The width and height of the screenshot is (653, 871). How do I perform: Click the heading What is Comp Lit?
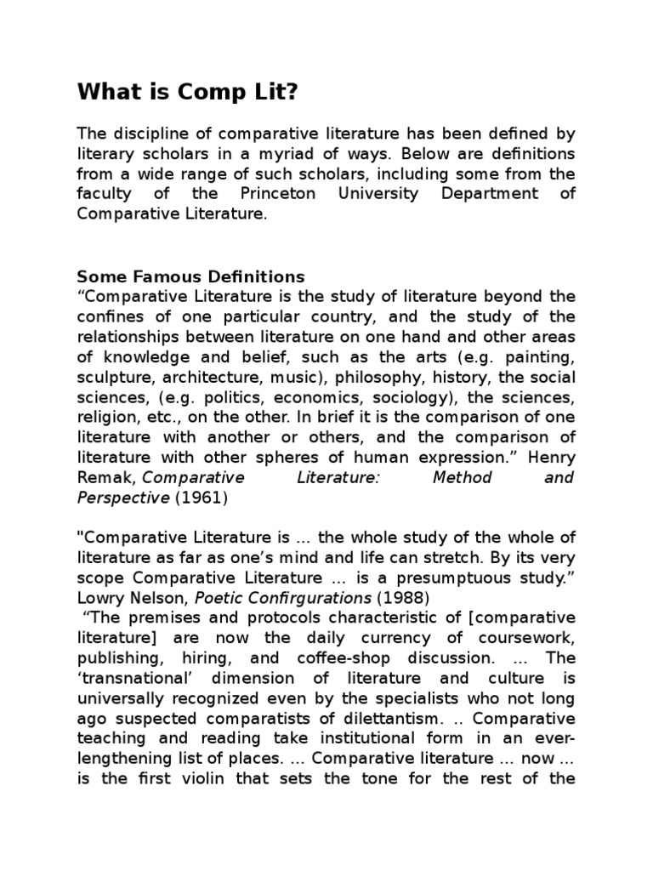click(x=188, y=93)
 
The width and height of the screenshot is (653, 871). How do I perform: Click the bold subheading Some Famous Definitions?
click(x=190, y=276)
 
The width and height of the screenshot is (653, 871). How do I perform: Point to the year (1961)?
click(x=202, y=498)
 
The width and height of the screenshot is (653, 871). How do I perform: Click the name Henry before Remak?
click(x=549, y=458)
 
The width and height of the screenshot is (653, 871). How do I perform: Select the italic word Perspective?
click(x=123, y=498)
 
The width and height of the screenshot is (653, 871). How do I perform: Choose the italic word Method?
click(x=463, y=478)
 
